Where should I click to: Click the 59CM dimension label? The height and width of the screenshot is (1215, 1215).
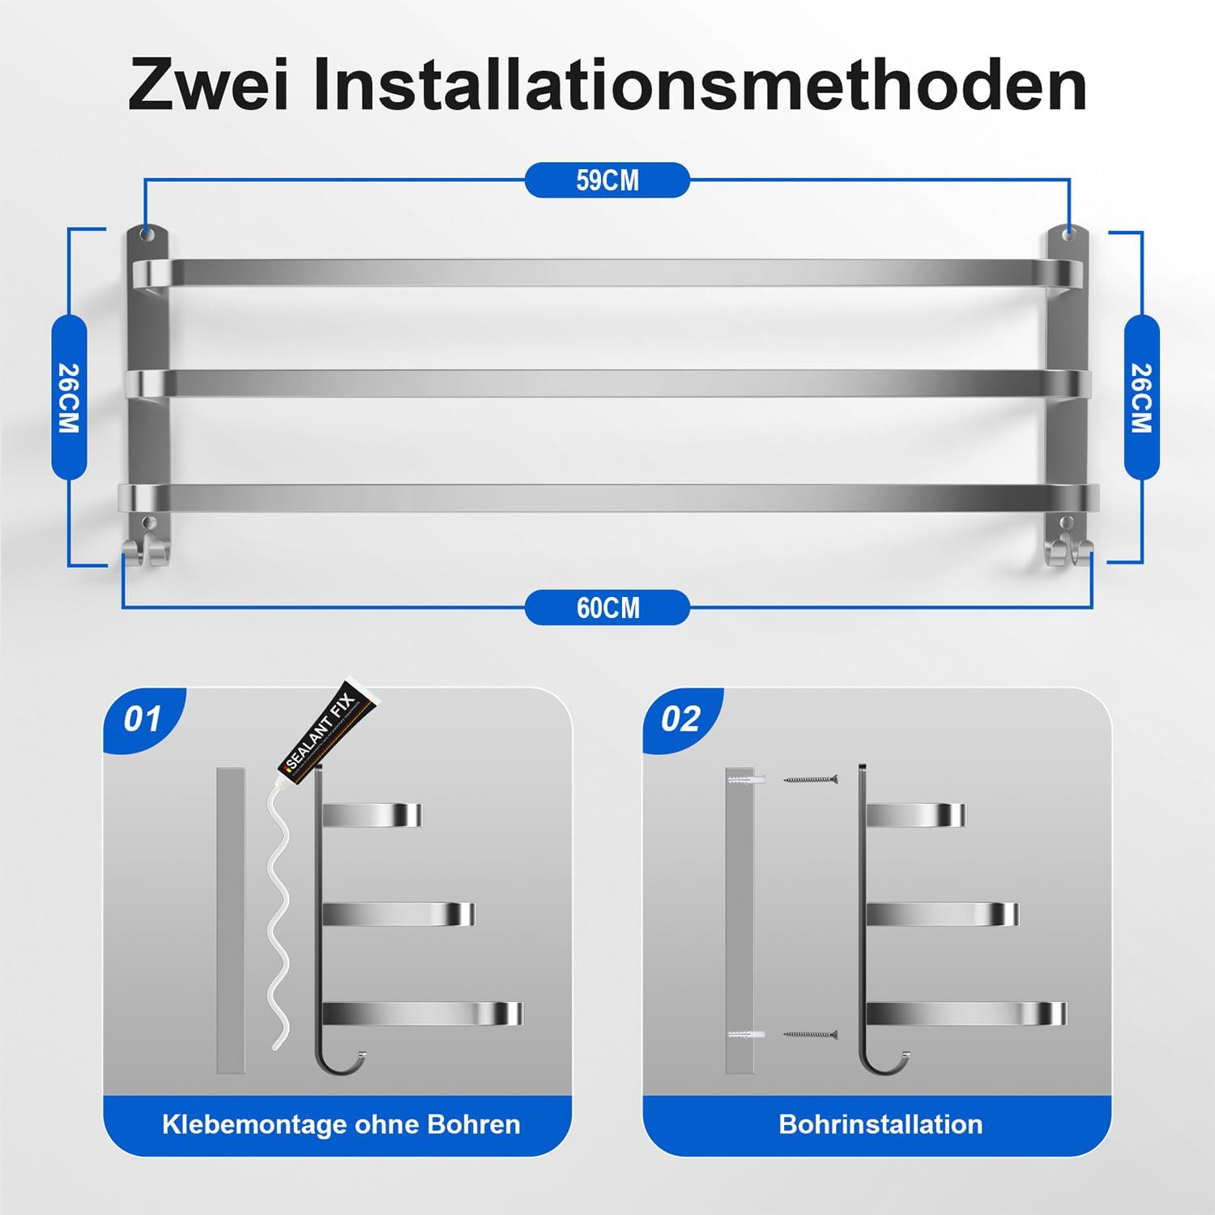coord(607,180)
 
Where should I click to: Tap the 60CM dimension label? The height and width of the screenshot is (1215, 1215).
coord(607,607)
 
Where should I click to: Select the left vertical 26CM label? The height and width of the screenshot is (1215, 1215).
coord(69,397)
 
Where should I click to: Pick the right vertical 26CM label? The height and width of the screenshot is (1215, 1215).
coord(1141,397)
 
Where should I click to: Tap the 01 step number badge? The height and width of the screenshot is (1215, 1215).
coord(143,719)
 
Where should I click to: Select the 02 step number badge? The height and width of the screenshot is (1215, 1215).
coord(680,719)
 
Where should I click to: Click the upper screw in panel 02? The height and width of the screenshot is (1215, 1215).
coord(810,779)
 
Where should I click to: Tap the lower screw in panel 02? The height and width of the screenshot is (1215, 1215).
coord(810,1034)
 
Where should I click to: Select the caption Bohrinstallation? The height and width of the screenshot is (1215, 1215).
coord(880,1124)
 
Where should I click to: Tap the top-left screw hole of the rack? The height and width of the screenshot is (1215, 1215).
coord(146,234)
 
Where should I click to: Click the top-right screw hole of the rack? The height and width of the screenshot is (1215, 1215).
coord(1069,234)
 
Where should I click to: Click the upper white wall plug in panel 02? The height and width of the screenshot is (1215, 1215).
coord(745,779)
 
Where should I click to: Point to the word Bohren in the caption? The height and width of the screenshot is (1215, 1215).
coord(474,1124)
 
